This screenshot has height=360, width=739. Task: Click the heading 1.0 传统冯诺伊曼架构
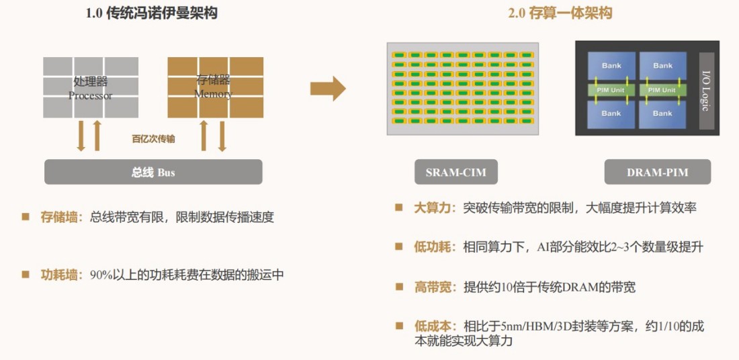tap(152, 13)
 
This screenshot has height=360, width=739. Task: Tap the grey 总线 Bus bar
tap(153, 172)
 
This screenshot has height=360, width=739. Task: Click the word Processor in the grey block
tap(91, 95)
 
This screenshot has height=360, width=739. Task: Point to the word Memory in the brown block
tap(213, 94)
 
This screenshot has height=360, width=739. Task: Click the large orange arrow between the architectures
tap(328, 87)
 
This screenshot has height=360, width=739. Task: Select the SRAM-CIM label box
tap(456, 172)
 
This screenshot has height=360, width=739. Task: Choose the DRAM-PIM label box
tap(657, 172)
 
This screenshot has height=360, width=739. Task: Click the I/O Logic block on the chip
tap(705, 91)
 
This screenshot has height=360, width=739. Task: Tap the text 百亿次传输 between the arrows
tap(153, 139)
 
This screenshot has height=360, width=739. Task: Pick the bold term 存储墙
tap(59, 217)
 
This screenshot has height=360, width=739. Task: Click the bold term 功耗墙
tap(59, 275)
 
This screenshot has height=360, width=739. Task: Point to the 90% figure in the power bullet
tap(100, 275)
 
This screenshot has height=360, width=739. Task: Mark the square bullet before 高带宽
tap(399, 286)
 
